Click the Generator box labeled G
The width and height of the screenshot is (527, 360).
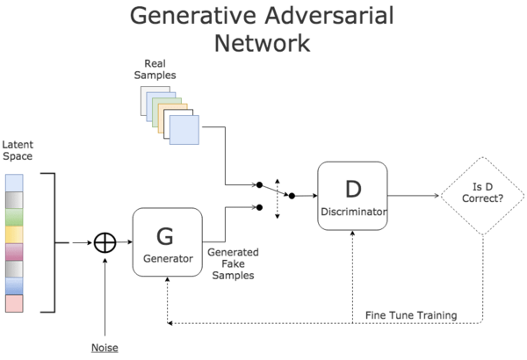click(x=167, y=241)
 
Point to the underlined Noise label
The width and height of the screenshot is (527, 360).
click(x=105, y=347)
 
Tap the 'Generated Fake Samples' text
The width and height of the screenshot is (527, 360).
click(x=231, y=263)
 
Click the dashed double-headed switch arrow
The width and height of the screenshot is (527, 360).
click(x=277, y=196)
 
